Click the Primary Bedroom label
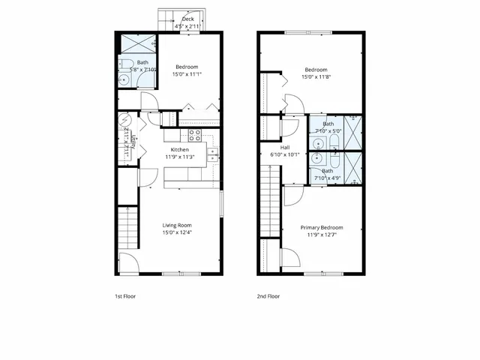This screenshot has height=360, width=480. pyautogui.click(x=322, y=227)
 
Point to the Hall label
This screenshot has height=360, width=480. pyautogui.click(x=285, y=148)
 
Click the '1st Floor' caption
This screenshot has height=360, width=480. pyautogui.click(x=125, y=295)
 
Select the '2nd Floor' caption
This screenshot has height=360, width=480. pyautogui.click(x=268, y=295)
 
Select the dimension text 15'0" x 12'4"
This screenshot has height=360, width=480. pyautogui.click(x=178, y=232)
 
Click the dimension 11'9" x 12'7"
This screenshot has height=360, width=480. pyautogui.click(x=322, y=235)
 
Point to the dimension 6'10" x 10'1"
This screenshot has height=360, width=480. pyautogui.click(x=285, y=155)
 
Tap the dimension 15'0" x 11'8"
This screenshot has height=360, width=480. pyautogui.click(x=316, y=76)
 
